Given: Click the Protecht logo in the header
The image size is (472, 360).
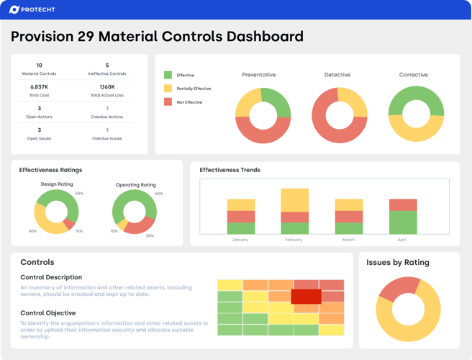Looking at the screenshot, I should point(32,9).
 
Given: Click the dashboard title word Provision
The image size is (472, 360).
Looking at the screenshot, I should point(50,37).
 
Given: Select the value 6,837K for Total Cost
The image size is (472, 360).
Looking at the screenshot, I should point(39,87).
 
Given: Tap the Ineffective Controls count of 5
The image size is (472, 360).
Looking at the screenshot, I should point(107,66).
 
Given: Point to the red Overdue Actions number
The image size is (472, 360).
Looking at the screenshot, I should point(107,109).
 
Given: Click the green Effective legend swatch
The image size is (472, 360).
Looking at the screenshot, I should point(168,75).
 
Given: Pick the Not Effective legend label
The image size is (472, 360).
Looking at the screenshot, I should point(189,102).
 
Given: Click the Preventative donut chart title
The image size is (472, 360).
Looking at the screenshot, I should point(258,75).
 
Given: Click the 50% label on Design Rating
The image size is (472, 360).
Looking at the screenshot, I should point(79,193).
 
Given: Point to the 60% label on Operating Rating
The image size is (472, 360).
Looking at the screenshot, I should point(158,194).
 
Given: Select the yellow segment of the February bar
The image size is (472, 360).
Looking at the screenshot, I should point(294,200).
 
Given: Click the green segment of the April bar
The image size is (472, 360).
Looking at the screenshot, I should point(403,222).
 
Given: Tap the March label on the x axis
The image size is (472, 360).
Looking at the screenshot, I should point(348,240).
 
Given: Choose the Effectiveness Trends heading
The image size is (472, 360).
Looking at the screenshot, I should point(230,170).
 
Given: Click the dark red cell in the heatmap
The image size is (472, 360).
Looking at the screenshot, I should point(306,297).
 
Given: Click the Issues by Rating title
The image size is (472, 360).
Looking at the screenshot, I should point(397,263).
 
